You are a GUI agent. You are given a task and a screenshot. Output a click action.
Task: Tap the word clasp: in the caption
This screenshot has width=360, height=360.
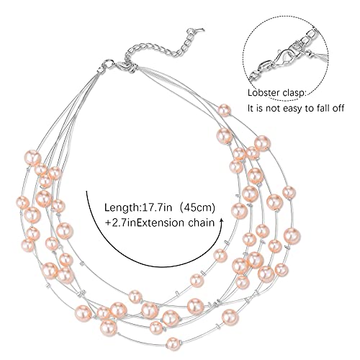pos(294,93)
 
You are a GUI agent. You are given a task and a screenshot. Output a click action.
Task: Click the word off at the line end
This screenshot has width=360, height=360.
pos(338,108)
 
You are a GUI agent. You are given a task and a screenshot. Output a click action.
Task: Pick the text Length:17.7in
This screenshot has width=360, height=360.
pos(138,207)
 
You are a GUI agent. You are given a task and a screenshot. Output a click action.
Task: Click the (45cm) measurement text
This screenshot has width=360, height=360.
pos(197,207)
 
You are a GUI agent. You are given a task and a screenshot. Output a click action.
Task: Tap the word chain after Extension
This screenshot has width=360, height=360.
pos(201,222)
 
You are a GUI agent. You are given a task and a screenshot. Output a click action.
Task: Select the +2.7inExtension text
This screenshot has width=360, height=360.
pos(145,222)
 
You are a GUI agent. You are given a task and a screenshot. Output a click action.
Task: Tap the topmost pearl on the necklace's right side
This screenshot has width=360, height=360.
pos(224,110)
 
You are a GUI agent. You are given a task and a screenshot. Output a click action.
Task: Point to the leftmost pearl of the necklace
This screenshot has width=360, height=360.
pos(23,202)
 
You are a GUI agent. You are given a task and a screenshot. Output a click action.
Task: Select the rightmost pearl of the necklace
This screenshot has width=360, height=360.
pos(292,235)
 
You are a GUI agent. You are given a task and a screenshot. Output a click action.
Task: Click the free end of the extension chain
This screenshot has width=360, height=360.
pos(201,30)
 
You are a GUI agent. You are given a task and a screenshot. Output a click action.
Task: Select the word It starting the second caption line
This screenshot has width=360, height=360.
pos(251,108)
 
